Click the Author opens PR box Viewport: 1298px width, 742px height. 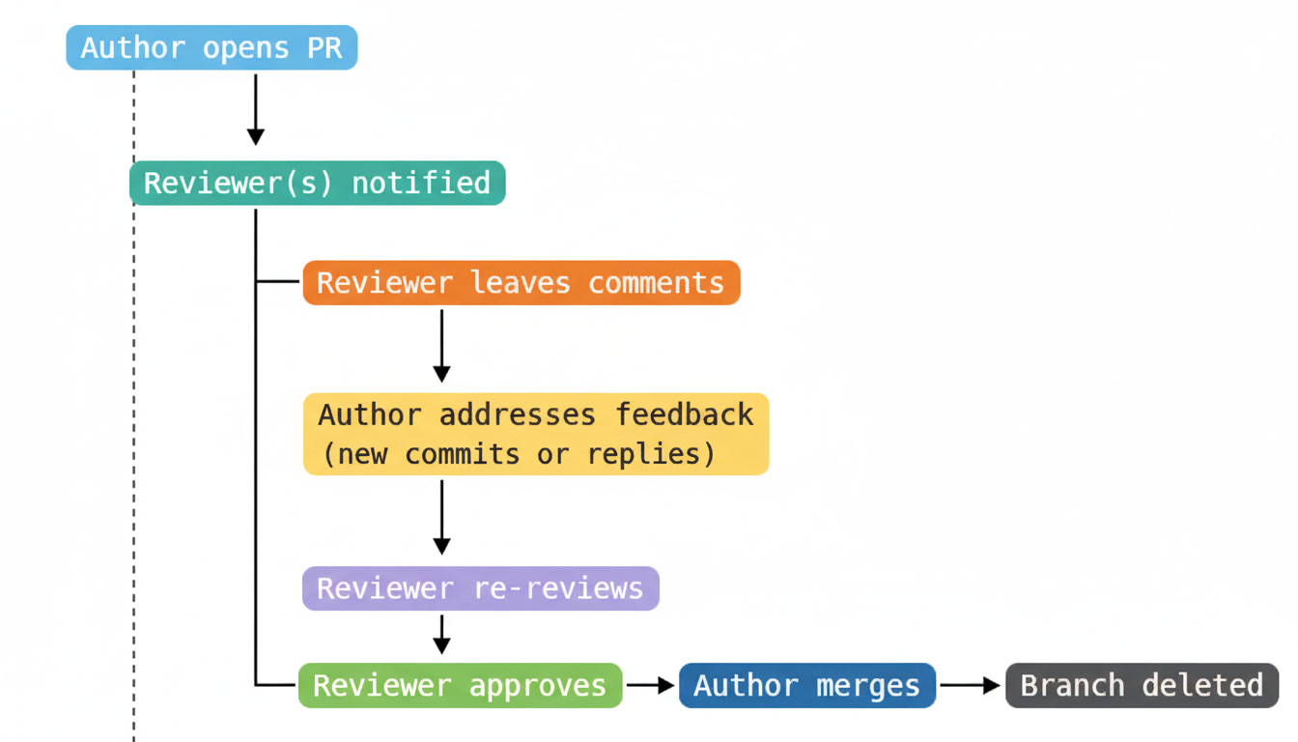point(212,48)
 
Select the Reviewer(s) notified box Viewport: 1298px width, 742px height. point(317,183)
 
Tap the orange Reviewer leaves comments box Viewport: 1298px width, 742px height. point(521,283)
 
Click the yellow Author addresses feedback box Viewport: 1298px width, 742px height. point(536,434)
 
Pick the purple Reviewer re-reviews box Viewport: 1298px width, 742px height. point(480,588)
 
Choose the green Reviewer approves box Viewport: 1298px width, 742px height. point(460,685)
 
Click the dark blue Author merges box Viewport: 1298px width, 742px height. point(806,685)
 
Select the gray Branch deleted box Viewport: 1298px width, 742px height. point(1142,685)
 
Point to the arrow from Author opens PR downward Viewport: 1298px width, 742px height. point(256,108)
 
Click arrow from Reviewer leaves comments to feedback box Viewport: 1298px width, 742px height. point(441,344)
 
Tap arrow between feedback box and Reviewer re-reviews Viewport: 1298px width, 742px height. point(441,517)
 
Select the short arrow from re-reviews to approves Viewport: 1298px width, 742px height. point(441,634)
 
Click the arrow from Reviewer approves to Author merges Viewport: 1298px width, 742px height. point(650,685)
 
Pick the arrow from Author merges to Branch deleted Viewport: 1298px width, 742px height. point(970,685)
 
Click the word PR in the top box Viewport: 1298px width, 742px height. point(324,48)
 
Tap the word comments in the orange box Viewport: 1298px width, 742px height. point(656,283)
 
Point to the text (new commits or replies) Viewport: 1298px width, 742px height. point(519,454)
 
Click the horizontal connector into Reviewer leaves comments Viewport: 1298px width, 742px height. point(279,282)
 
